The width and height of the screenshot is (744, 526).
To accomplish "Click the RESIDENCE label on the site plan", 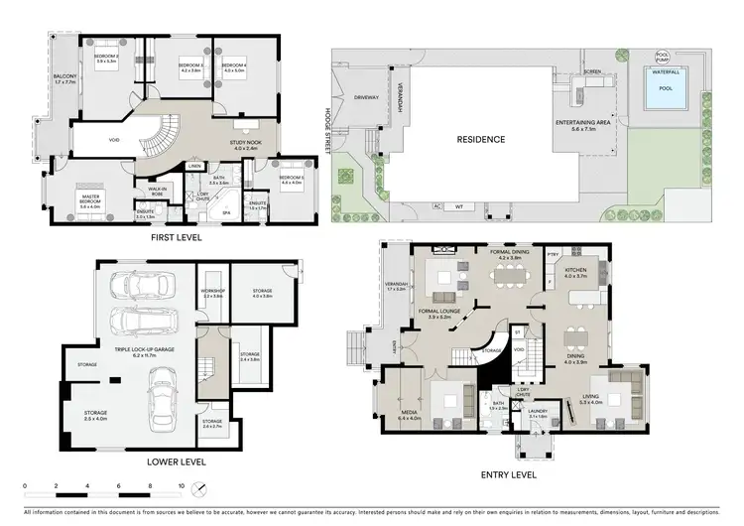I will coord(480,140).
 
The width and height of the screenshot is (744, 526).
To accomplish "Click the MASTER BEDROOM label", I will coord(96,198).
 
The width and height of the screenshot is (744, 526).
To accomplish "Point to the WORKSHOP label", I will coord(213,292).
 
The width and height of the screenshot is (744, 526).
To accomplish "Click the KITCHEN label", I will coord(575,270).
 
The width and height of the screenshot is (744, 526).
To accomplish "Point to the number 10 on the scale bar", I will coord(182,487).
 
